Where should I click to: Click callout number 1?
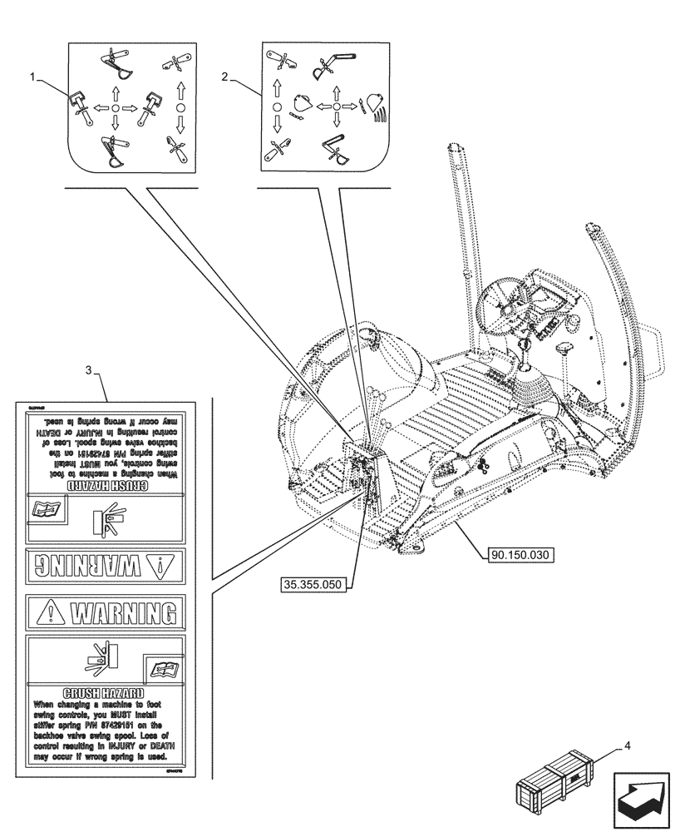tap(32, 76)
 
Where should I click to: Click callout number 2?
tap(225, 76)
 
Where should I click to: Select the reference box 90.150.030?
tap(520, 552)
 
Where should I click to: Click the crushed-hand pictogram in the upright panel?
tap(96, 662)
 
